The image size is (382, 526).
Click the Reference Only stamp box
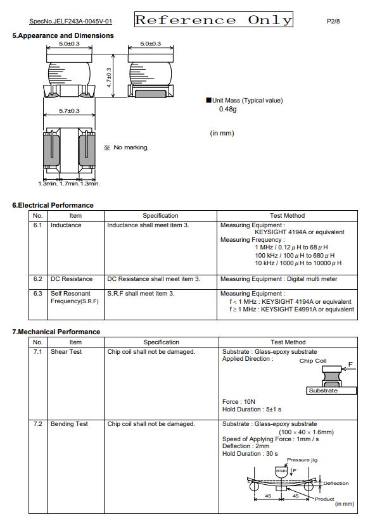click(x=213, y=20)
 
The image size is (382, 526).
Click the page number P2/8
click(x=333, y=22)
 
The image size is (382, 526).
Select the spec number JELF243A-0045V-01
click(x=71, y=22)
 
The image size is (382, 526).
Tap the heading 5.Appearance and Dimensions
click(x=63, y=35)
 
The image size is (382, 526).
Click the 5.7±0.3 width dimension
click(x=69, y=111)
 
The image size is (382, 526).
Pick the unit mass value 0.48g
click(x=227, y=110)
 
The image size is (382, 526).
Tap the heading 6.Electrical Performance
click(x=53, y=205)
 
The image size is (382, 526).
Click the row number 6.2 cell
click(x=38, y=279)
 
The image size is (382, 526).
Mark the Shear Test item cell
click(x=66, y=352)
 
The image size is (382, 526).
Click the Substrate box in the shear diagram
click(x=323, y=391)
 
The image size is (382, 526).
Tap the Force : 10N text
click(x=239, y=401)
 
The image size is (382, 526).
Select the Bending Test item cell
click(x=69, y=424)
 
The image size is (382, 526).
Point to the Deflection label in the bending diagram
click(x=336, y=483)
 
